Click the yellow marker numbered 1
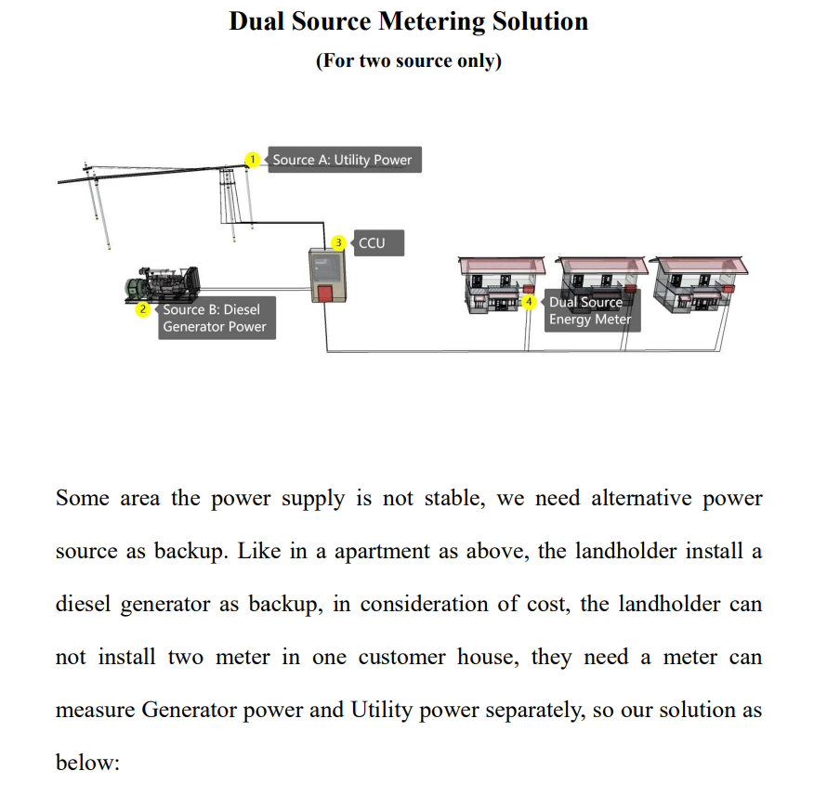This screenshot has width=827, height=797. (253, 159)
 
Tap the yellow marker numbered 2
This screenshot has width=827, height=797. (143, 309)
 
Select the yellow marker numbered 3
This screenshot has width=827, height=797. (338, 243)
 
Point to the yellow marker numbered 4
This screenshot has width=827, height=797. (529, 302)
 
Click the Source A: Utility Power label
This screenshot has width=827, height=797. (345, 160)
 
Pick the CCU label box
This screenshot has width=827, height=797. (379, 243)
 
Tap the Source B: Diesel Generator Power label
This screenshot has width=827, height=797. (217, 318)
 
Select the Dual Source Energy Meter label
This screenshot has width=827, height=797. (592, 310)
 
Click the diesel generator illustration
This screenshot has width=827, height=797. (163, 284)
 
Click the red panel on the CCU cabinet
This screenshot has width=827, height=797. (325, 294)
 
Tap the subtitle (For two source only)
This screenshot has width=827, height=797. (409, 60)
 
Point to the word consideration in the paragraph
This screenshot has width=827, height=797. (424, 604)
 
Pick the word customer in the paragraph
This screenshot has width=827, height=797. (402, 658)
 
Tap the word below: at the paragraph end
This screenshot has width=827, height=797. (88, 763)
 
